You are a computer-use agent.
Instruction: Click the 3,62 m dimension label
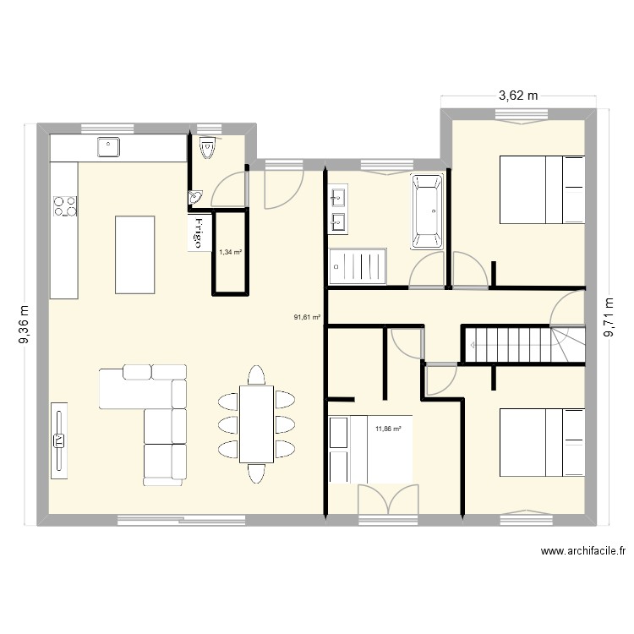click(518, 96)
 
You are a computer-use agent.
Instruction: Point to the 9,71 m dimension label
click(609, 318)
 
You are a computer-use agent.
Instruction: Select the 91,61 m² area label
click(307, 318)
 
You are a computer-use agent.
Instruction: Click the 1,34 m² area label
click(230, 252)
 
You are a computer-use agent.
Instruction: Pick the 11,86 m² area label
click(387, 429)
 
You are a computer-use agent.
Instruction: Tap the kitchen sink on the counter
click(109, 147)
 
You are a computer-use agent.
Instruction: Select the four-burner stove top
click(64, 205)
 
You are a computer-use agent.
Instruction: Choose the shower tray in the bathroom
click(359, 264)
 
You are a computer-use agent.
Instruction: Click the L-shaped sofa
click(152, 414)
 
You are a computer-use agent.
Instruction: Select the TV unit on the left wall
click(59, 440)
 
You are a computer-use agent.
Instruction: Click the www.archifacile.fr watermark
click(582, 551)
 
